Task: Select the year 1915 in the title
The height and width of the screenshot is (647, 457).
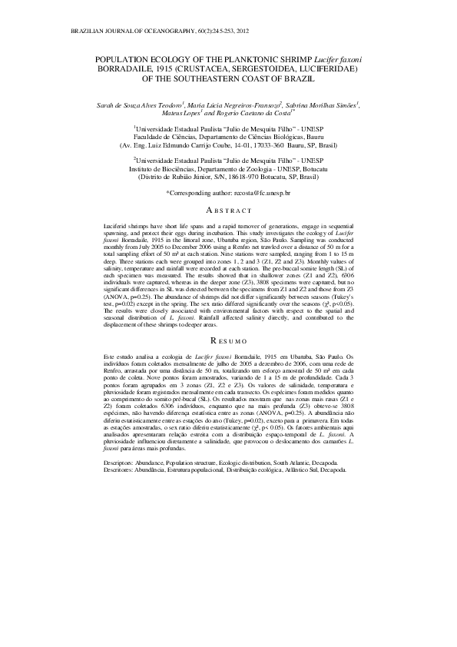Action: [149, 68]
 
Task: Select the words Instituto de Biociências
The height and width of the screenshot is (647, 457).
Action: [167, 169]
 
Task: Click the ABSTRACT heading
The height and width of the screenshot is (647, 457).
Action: [229, 211]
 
